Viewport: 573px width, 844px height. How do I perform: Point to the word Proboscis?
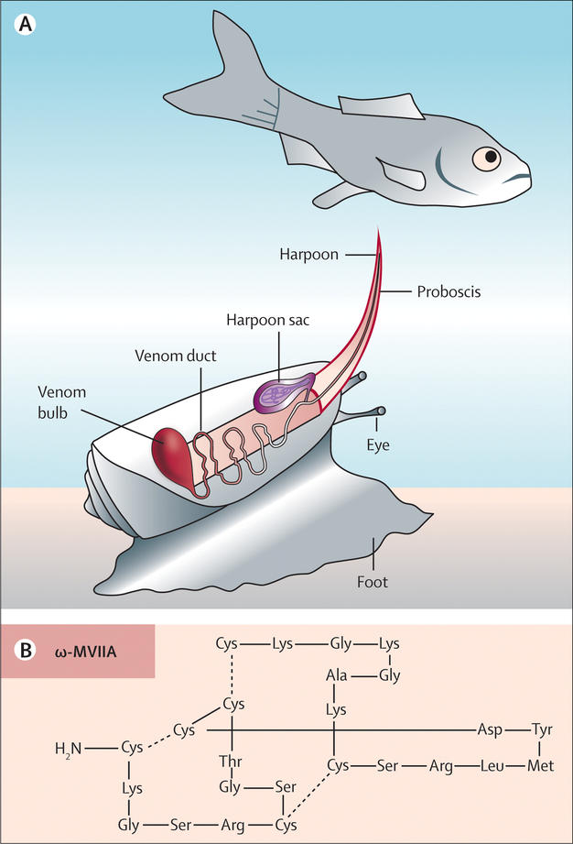click(x=448, y=292)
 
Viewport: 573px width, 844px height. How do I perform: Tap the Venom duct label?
click(x=175, y=356)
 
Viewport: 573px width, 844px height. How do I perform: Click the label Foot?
click(x=374, y=578)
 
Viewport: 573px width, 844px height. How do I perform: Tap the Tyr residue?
click(x=542, y=729)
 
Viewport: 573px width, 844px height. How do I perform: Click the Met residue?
click(x=540, y=764)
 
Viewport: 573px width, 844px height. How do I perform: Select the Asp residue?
click(x=488, y=729)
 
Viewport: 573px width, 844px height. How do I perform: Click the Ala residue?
click(x=336, y=676)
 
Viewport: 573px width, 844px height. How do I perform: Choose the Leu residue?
click(x=489, y=764)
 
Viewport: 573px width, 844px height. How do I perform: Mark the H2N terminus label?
click(x=68, y=749)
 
